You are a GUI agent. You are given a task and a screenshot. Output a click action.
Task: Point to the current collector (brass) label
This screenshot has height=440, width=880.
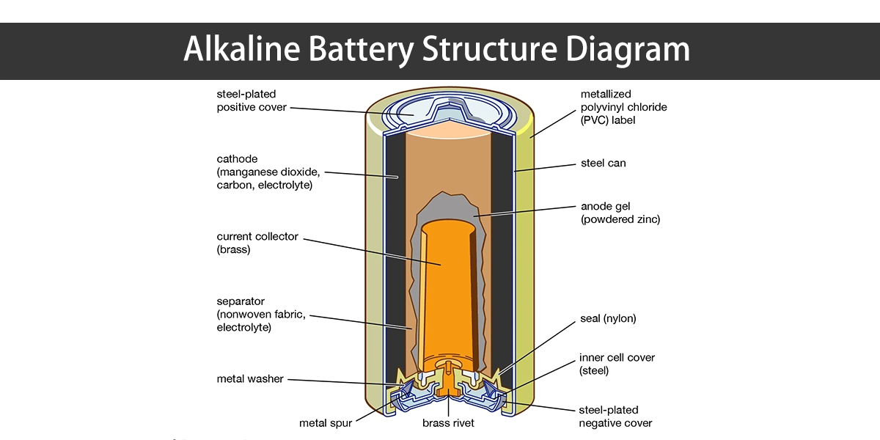[257, 243]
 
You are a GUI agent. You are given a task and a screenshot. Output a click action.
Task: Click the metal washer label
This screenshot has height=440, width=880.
[250, 379]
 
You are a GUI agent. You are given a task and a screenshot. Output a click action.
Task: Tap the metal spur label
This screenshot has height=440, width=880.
[326, 423]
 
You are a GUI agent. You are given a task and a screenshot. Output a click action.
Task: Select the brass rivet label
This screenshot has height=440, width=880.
[448, 423]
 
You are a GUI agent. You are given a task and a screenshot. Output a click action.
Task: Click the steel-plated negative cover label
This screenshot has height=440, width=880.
[615, 416]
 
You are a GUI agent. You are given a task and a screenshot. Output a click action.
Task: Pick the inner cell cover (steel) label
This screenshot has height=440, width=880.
[616, 364]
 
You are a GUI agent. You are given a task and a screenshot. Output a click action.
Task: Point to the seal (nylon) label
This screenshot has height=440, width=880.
[608, 318]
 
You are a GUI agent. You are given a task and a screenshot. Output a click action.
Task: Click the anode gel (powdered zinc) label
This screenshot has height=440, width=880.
[620, 213]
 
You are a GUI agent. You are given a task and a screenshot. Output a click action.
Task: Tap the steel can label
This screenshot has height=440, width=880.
[603, 163]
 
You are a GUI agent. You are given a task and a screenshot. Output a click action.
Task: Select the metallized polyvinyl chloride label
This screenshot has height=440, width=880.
[623, 106]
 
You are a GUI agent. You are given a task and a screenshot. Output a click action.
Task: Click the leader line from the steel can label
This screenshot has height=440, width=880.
[546, 168]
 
